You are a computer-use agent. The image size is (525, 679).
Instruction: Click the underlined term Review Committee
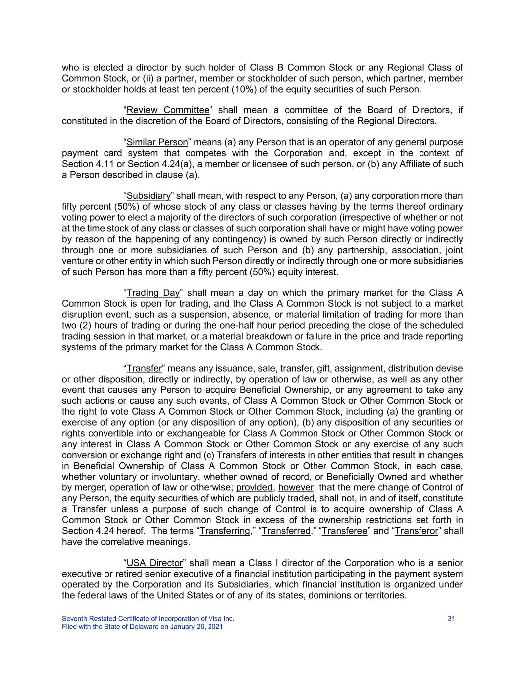point(168,110)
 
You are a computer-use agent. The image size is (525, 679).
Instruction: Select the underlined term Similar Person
point(157,143)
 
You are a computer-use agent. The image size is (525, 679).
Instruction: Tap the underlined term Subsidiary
point(149,196)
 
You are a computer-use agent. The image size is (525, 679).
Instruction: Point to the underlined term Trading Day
point(153,293)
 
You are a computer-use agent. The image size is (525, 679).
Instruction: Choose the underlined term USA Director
point(155,563)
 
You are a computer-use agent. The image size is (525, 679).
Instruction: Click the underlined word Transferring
point(224,531)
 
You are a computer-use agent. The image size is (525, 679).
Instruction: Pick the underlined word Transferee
point(345,531)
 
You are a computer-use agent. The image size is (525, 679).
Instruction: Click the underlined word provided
point(255,487)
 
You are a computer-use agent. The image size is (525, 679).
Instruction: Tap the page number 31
point(452,619)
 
